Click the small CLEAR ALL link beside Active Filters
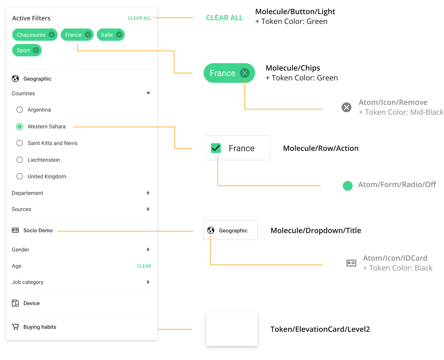139,18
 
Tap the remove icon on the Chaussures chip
52,35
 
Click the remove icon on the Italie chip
119,35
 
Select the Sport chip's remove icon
36,50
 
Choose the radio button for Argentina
20,110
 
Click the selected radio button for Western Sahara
20,127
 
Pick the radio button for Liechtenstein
20,160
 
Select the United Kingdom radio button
20,176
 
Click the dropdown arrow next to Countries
148,93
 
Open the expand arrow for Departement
148,193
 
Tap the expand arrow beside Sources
148,209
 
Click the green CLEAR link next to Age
144,266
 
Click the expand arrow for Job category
148,282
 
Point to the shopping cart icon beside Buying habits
15,327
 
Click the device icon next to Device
15,303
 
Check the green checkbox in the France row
216,148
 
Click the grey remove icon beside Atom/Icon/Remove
346,107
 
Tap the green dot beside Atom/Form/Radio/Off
347,186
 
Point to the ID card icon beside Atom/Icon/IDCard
351,263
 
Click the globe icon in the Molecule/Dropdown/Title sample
211,230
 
